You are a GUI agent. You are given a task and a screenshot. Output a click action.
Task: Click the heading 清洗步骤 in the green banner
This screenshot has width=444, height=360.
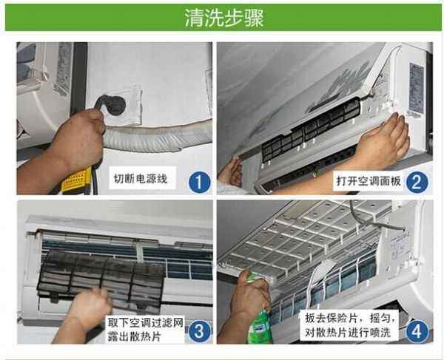pyautogui.click(x=224, y=18)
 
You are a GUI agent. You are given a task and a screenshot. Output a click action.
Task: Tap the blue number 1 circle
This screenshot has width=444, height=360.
pyautogui.click(x=199, y=182)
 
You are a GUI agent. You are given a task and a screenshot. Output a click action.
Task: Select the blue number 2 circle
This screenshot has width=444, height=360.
pyautogui.click(x=417, y=182)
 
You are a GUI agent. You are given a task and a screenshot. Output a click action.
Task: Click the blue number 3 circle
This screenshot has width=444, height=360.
pyautogui.click(x=199, y=331)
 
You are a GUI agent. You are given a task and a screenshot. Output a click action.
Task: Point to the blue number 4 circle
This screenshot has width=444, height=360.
pyautogui.click(x=417, y=331)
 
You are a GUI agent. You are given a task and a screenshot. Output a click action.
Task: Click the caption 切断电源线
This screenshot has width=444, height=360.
pyautogui.click(x=141, y=179)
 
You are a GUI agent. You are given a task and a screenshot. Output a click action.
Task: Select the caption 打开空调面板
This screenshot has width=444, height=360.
pyautogui.click(x=369, y=180)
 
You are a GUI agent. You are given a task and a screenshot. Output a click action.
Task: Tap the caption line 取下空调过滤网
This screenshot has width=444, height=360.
pyautogui.click(x=146, y=323)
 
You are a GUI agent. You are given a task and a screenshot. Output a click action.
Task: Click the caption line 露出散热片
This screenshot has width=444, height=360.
pyautogui.click(x=134, y=336)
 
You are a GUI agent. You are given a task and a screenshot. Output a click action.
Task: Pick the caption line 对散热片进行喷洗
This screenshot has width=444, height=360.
pyautogui.click(x=348, y=333)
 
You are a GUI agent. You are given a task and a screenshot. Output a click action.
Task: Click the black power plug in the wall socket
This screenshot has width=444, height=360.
pyautogui.click(x=112, y=105)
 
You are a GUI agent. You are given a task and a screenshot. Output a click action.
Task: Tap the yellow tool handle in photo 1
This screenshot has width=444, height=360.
pyautogui.click(x=77, y=180)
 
